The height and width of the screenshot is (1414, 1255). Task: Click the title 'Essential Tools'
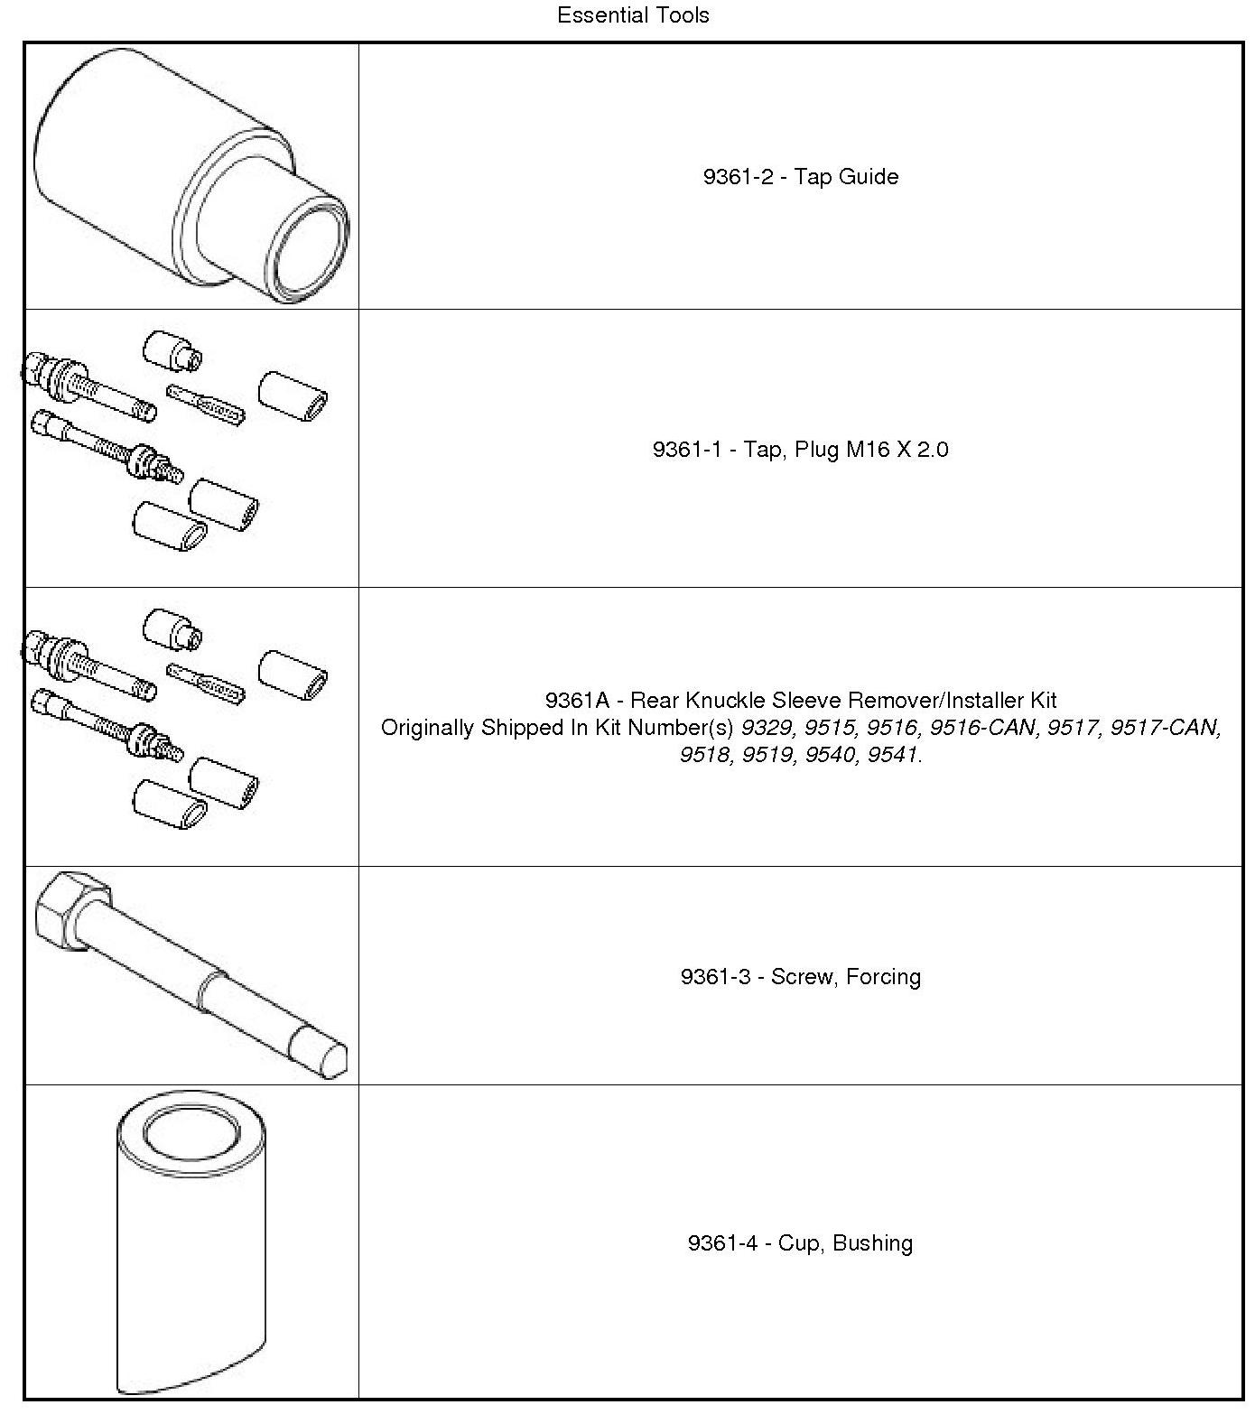[633, 15]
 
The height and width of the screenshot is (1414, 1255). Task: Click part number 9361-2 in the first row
[739, 176]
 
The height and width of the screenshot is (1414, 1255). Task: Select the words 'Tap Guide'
[846, 176]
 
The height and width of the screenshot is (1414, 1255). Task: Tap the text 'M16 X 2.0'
[897, 450]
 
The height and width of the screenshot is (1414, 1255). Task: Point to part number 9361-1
[688, 450]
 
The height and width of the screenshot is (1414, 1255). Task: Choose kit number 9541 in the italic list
[892, 755]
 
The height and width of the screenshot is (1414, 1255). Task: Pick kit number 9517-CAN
[1165, 728]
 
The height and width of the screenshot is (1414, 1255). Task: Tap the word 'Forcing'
[883, 977]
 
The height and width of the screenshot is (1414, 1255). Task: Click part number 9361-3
[716, 977]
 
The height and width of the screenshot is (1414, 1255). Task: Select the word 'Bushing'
[872, 1243]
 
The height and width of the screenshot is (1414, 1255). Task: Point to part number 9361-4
[722, 1243]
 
